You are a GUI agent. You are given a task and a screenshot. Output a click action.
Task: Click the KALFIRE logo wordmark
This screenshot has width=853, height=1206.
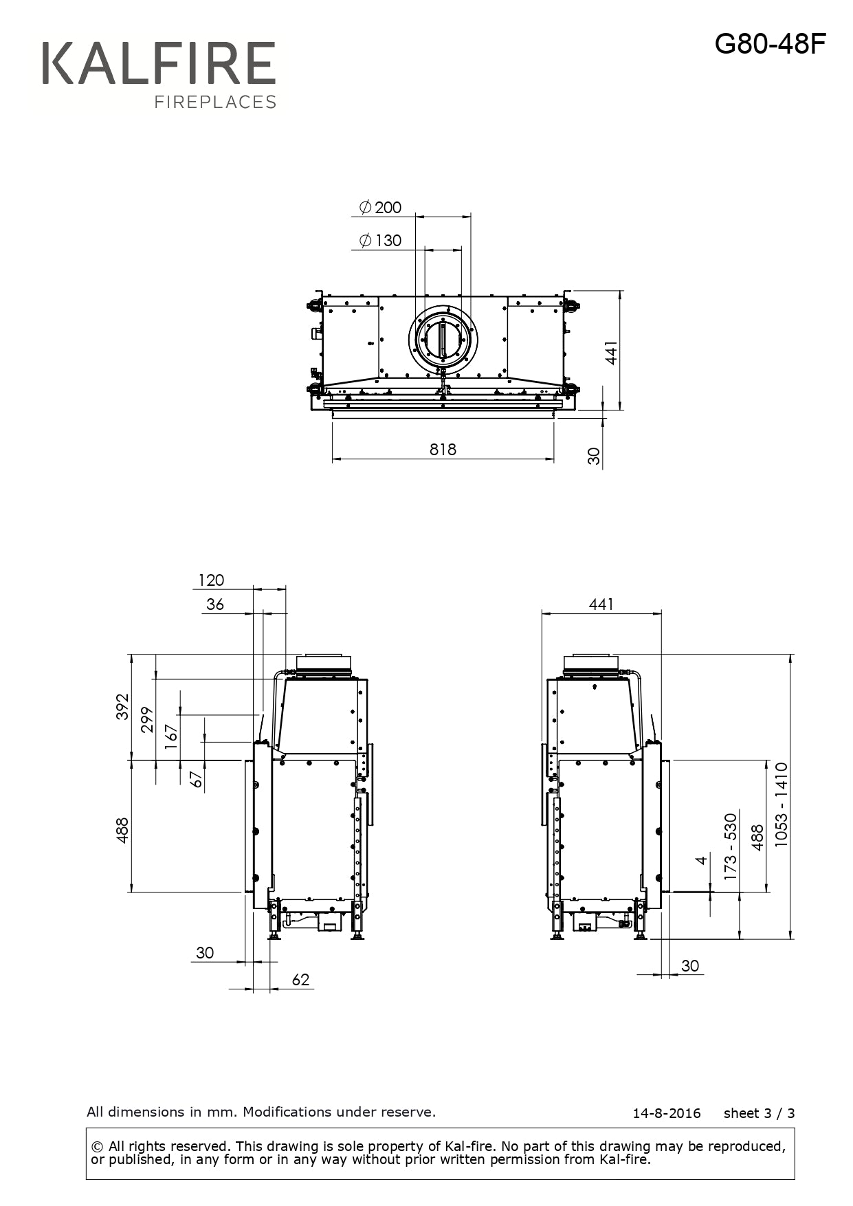coord(159,63)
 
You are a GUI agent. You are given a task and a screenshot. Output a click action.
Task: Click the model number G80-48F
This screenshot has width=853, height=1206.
coord(770,44)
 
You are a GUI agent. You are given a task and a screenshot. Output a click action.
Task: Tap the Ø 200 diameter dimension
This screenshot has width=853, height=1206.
coord(380,207)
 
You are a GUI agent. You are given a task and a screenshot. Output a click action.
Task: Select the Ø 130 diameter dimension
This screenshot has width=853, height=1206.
coord(380,240)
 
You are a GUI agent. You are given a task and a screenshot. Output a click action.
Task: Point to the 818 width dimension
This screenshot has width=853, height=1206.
coord(443,449)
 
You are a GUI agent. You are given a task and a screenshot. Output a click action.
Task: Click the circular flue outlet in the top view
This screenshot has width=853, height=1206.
coord(443,341)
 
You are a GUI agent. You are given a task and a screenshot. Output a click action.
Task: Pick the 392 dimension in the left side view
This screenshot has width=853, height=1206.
coord(122,706)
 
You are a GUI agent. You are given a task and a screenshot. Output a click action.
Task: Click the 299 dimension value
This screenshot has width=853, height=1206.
coord(147,719)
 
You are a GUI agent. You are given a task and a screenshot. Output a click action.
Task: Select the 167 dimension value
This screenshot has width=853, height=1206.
coord(171,736)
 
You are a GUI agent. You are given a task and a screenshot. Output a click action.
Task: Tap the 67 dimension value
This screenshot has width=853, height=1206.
coord(197,779)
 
